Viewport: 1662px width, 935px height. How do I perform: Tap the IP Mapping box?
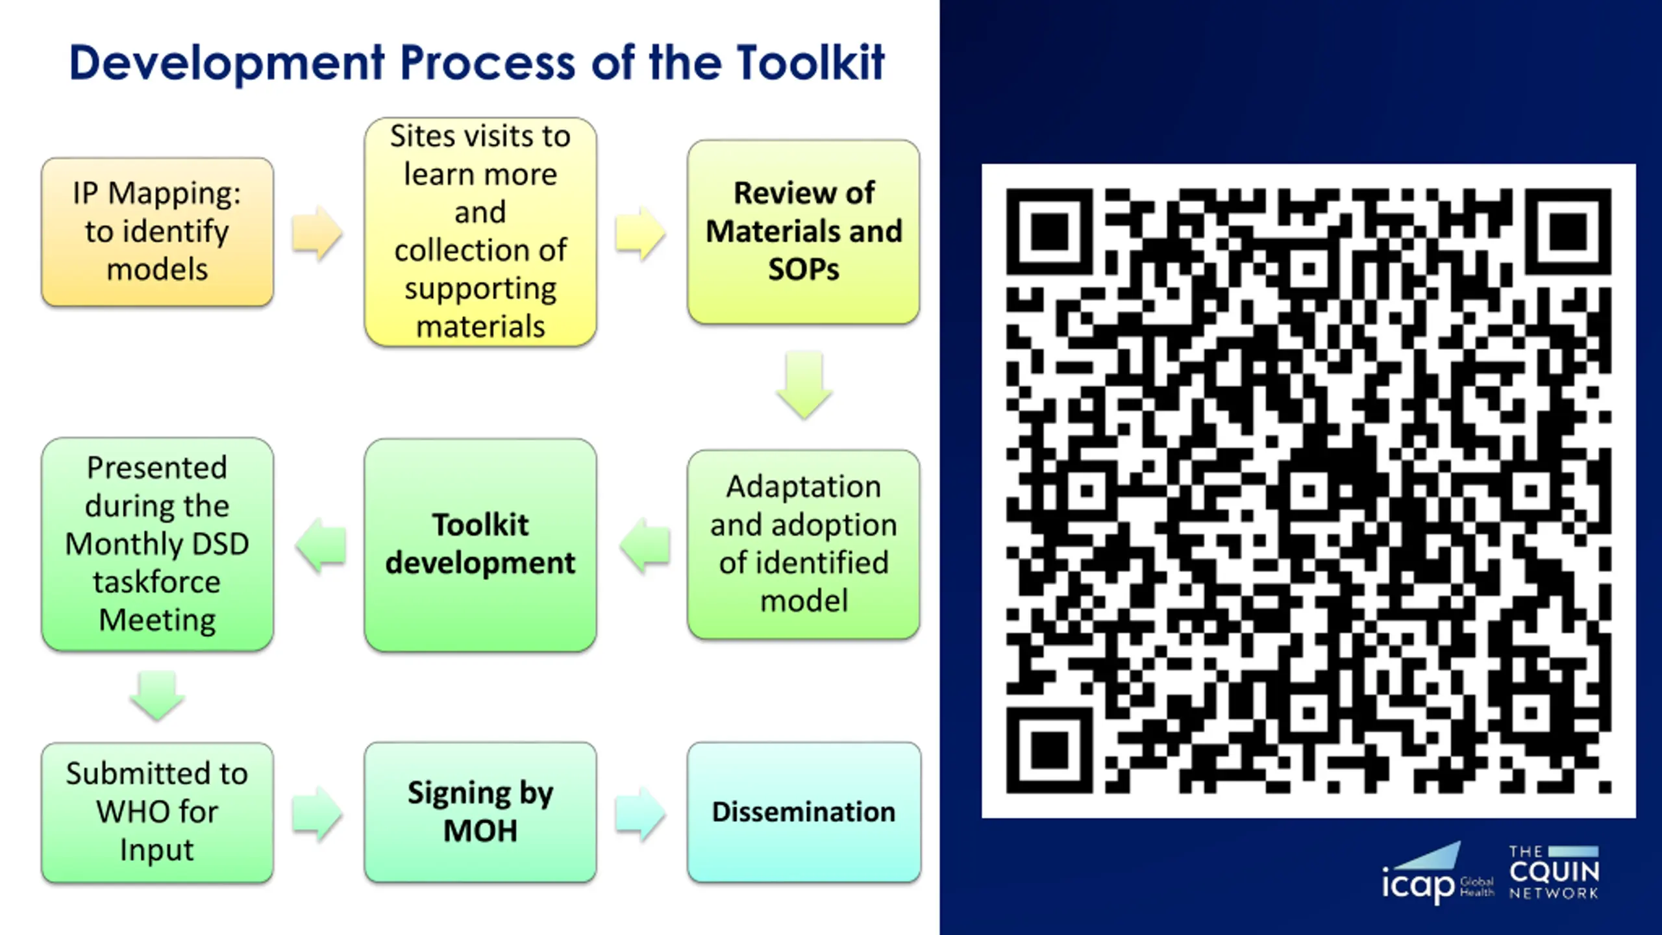click(157, 232)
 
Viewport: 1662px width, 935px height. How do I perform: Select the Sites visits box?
click(480, 232)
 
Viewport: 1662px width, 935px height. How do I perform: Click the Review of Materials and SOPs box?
click(804, 232)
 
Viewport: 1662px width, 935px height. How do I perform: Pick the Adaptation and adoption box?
click(804, 544)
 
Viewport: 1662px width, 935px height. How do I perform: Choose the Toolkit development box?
click(480, 544)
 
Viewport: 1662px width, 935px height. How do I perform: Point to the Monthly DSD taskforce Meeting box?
click(157, 544)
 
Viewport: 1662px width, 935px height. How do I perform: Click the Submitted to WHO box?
click(157, 812)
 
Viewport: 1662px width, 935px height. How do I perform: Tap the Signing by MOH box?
click(480, 812)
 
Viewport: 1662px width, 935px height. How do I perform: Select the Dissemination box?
click(804, 812)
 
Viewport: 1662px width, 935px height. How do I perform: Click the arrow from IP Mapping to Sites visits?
click(317, 233)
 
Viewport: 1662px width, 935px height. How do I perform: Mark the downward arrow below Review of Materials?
click(804, 384)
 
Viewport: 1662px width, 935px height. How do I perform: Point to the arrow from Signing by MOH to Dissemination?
click(640, 814)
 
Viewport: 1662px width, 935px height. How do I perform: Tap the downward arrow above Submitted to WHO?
click(157, 695)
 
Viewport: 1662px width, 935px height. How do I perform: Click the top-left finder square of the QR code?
click(1049, 232)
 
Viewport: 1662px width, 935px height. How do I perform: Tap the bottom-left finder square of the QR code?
click(1049, 750)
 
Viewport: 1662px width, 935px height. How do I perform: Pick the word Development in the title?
click(227, 63)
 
